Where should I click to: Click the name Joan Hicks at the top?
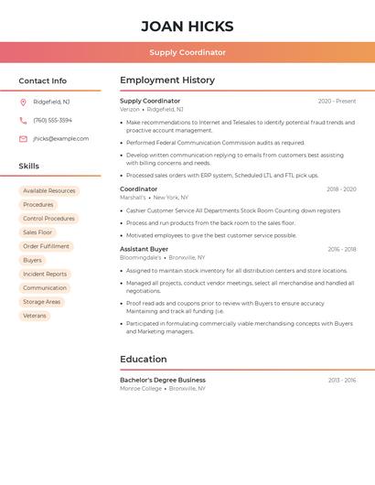187,27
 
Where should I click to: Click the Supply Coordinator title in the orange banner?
187,52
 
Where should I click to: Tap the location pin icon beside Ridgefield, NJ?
23,102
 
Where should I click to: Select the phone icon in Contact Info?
23,120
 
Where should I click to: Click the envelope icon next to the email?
23,138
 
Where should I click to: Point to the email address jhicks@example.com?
61,138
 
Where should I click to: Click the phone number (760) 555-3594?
52,120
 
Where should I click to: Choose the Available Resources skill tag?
49,191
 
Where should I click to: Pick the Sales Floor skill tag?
37,232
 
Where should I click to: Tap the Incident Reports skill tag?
45,274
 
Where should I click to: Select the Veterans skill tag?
35,316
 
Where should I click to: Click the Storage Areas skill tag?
42,302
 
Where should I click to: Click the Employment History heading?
167,81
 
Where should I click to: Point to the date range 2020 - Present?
337,101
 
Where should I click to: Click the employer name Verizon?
130,109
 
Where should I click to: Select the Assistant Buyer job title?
144,249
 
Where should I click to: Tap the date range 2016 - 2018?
341,249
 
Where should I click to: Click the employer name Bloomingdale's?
140,257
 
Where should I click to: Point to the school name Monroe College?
140,388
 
